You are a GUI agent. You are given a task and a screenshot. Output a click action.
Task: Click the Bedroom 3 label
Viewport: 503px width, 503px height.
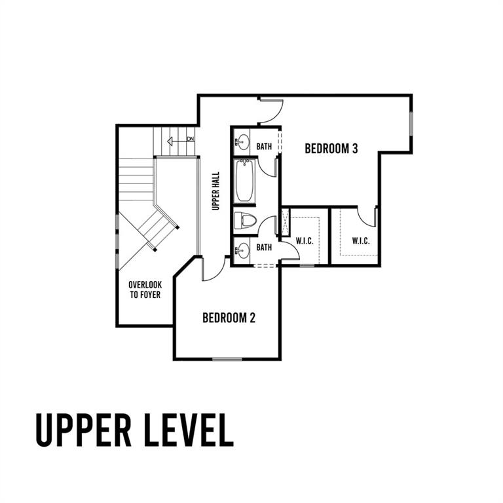331,149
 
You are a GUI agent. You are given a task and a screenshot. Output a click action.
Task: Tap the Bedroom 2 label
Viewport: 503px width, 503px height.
229,318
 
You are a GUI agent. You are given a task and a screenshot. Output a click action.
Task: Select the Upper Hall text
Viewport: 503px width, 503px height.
216,191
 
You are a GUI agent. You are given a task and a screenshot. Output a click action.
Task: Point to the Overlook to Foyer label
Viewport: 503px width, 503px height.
145,289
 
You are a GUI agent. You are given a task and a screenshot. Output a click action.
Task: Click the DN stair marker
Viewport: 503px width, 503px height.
191,140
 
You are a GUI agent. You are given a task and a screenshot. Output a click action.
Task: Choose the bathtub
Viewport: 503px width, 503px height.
244,181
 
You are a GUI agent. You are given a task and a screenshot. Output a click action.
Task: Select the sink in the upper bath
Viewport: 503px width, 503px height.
242,142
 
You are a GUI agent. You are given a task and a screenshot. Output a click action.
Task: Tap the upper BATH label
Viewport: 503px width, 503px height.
264,147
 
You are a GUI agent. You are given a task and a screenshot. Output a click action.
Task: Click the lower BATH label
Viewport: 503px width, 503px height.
264,248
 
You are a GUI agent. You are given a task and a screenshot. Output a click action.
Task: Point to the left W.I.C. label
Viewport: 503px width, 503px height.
305,241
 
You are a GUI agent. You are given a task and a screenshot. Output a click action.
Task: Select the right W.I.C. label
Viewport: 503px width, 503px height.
361,240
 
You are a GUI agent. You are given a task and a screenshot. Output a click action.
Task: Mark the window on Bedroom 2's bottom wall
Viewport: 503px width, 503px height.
227,359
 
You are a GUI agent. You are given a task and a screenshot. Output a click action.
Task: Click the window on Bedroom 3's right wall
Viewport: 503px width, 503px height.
411,124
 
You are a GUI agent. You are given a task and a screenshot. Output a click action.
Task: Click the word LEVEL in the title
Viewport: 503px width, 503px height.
189,430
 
